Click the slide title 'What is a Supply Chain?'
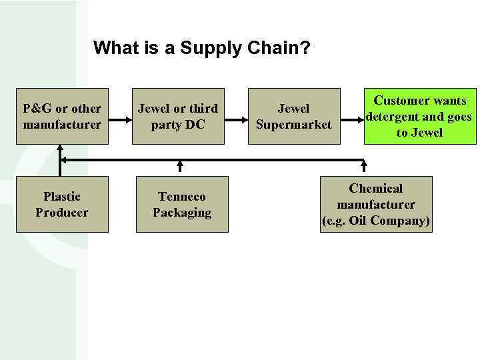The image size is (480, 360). point(201,49)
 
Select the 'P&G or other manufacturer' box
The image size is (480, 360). point(62,116)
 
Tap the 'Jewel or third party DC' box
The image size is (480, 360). point(177,116)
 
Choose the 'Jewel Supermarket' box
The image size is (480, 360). point(293,116)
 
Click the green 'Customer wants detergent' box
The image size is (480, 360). point(419,116)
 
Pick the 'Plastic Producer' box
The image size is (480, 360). point(62,204)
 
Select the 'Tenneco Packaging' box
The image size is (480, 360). point(182,204)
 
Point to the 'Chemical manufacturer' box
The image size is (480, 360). point(376,204)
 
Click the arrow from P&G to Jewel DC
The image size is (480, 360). point(119,120)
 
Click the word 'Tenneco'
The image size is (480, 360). point(182,197)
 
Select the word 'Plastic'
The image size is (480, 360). point(62,197)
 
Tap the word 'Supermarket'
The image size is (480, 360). point(293,124)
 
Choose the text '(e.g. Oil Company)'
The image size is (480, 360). point(376,221)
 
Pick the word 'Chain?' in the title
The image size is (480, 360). point(283,49)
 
